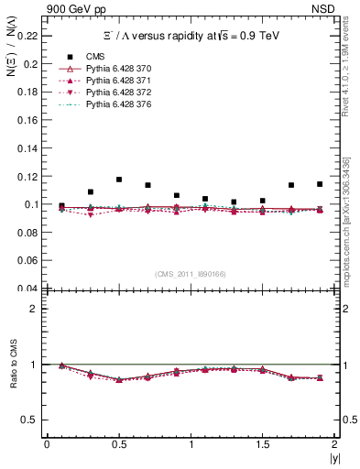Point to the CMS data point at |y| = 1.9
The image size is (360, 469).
pos(320,184)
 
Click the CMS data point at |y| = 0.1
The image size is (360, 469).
pos(61,206)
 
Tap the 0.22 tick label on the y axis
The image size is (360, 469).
pos(29,36)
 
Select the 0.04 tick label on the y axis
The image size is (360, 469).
pos(29,289)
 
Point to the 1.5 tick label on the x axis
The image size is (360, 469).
pos(262,444)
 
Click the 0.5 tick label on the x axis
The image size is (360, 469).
pos(118,444)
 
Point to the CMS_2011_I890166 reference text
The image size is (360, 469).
pos(191,274)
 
